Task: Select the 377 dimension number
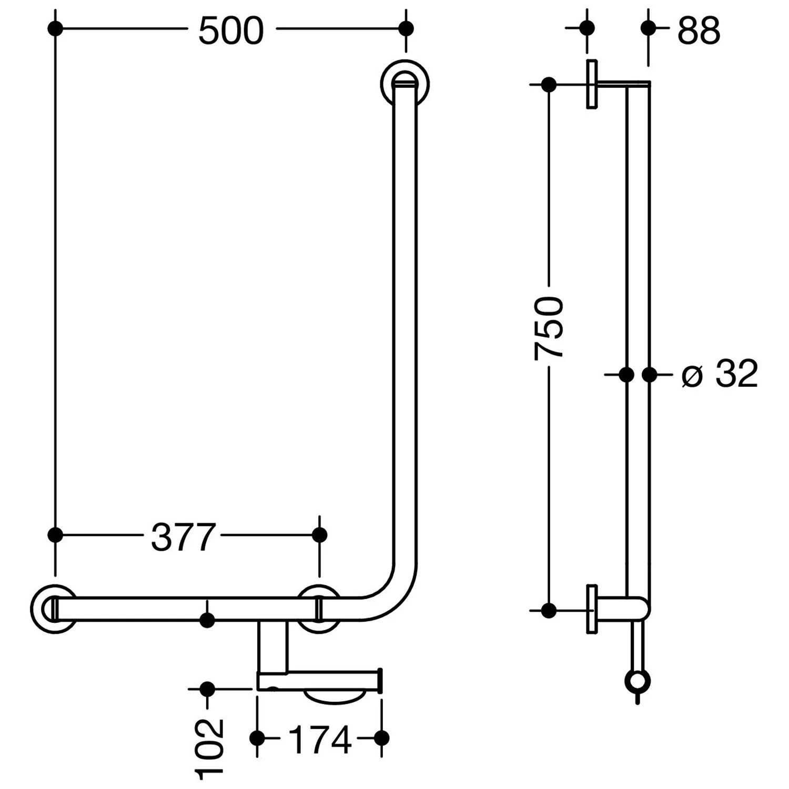point(183,537)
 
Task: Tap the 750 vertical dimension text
point(549,328)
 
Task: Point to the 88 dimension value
point(699,31)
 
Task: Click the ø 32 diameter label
point(720,374)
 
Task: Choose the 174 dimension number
point(320,740)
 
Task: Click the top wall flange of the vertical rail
point(404,84)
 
